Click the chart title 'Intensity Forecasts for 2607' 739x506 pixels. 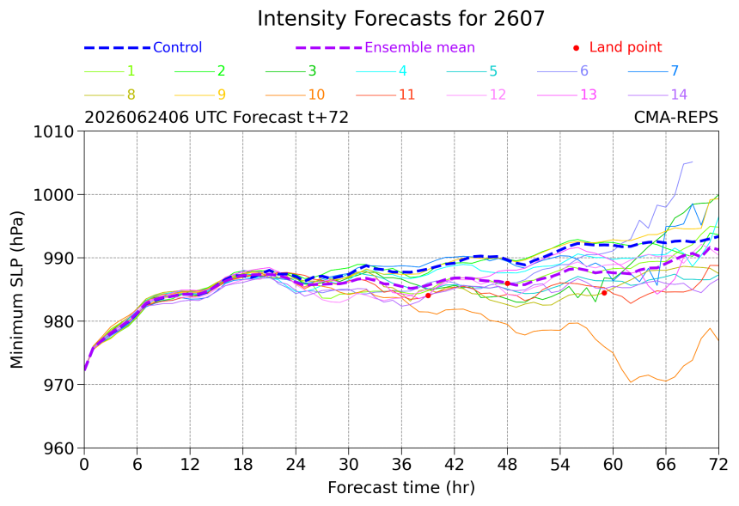tap(400, 19)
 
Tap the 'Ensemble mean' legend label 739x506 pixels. tap(419, 47)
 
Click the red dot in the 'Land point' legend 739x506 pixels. tap(576, 48)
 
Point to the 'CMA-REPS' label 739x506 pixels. tap(676, 117)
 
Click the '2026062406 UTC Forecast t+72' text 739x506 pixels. tap(217, 117)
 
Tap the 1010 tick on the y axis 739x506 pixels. tap(54, 131)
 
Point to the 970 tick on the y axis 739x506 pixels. tap(58, 385)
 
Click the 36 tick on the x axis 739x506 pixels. tap(401, 465)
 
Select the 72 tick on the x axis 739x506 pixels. tap(718, 465)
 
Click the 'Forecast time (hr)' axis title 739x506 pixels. tap(401, 487)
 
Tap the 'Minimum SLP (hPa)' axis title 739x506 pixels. tap(16, 290)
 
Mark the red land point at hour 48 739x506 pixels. tap(507, 283)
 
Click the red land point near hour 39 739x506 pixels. tap(428, 296)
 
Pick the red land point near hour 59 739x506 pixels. tap(604, 293)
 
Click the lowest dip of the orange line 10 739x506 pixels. tap(631, 382)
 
